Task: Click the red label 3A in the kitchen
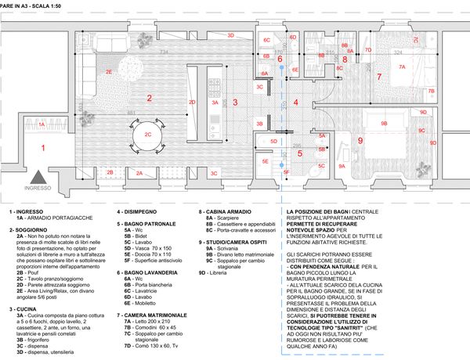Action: point(215,103)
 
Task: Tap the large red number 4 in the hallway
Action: point(296,102)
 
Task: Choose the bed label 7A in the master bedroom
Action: point(402,67)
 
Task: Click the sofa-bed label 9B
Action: point(384,123)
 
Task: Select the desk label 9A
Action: point(342,166)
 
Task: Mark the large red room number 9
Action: point(360,140)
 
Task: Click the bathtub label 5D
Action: point(273,141)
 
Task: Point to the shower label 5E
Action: point(266,161)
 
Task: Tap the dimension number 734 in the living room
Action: point(164,52)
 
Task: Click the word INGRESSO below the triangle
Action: point(37,189)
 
